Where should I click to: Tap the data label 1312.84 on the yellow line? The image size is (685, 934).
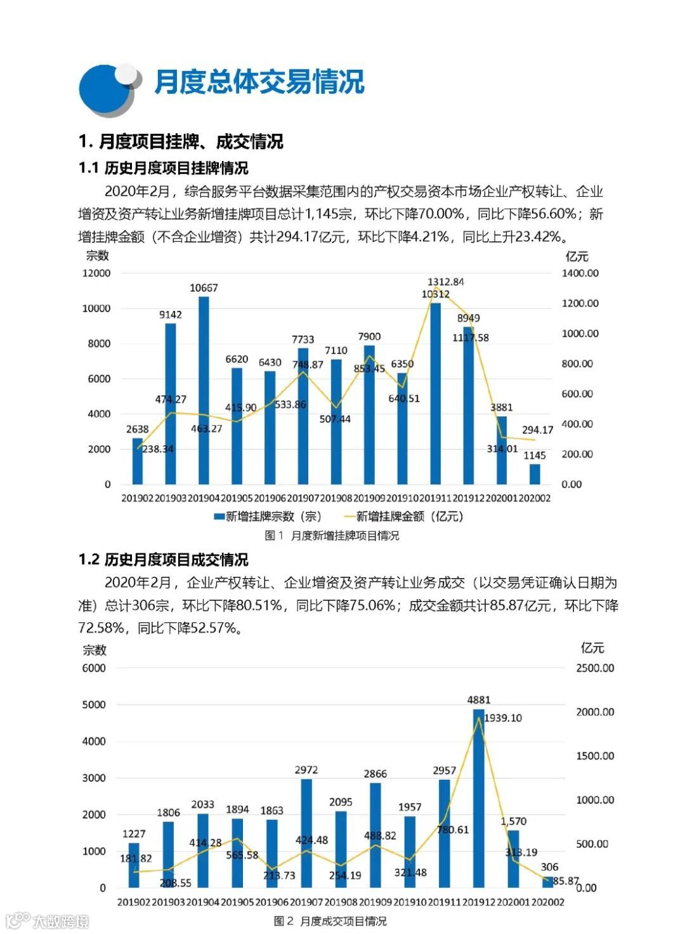[x=445, y=282]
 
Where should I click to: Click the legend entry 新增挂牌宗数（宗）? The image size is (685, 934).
[x=268, y=516]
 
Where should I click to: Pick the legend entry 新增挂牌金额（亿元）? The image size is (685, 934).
[x=403, y=516]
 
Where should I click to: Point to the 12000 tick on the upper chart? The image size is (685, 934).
[x=96, y=273]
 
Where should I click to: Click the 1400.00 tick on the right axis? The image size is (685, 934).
[x=580, y=273]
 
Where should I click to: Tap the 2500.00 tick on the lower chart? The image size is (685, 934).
[x=595, y=668]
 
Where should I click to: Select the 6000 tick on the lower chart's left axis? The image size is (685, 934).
[x=94, y=668]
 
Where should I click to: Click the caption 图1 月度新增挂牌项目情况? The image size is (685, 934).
[x=332, y=536]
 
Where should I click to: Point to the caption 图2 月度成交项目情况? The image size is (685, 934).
[x=330, y=921]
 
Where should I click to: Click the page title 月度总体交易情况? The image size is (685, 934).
[x=259, y=82]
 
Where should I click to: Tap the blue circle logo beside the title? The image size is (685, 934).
[x=105, y=90]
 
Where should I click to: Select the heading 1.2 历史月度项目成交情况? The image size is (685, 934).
[x=163, y=560]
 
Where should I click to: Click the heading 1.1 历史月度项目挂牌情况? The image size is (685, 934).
[x=163, y=168]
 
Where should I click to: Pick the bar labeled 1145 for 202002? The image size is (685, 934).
[x=535, y=474]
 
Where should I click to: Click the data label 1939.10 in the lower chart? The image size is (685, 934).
[x=503, y=718]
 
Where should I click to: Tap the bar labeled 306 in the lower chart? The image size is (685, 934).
[x=547, y=882]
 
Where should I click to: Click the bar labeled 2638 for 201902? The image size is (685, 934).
[x=138, y=461]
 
